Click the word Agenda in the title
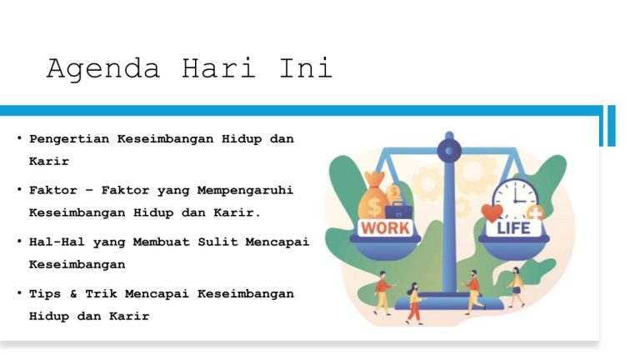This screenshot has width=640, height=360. (102, 68)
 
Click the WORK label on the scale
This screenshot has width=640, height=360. (384, 227)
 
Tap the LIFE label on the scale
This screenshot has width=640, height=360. (513, 227)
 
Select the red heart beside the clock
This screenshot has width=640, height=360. (492, 214)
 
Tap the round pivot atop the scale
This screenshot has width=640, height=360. (449, 151)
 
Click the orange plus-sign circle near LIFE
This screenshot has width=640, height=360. (534, 214)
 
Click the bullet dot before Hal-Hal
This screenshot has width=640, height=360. (18, 242)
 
